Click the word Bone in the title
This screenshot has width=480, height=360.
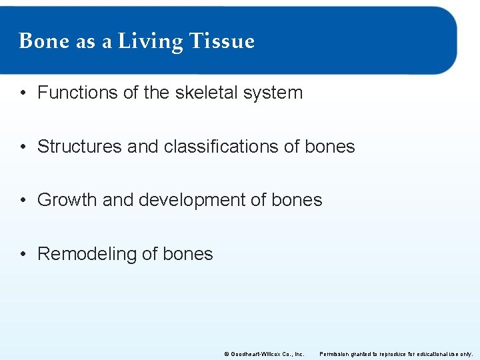(x=45, y=41)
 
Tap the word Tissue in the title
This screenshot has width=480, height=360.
(x=222, y=41)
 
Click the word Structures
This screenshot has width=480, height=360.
(x=79, y=147)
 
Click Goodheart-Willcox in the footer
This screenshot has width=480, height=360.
(x=253, y=353)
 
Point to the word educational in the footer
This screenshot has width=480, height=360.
(x=433, y=353)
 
